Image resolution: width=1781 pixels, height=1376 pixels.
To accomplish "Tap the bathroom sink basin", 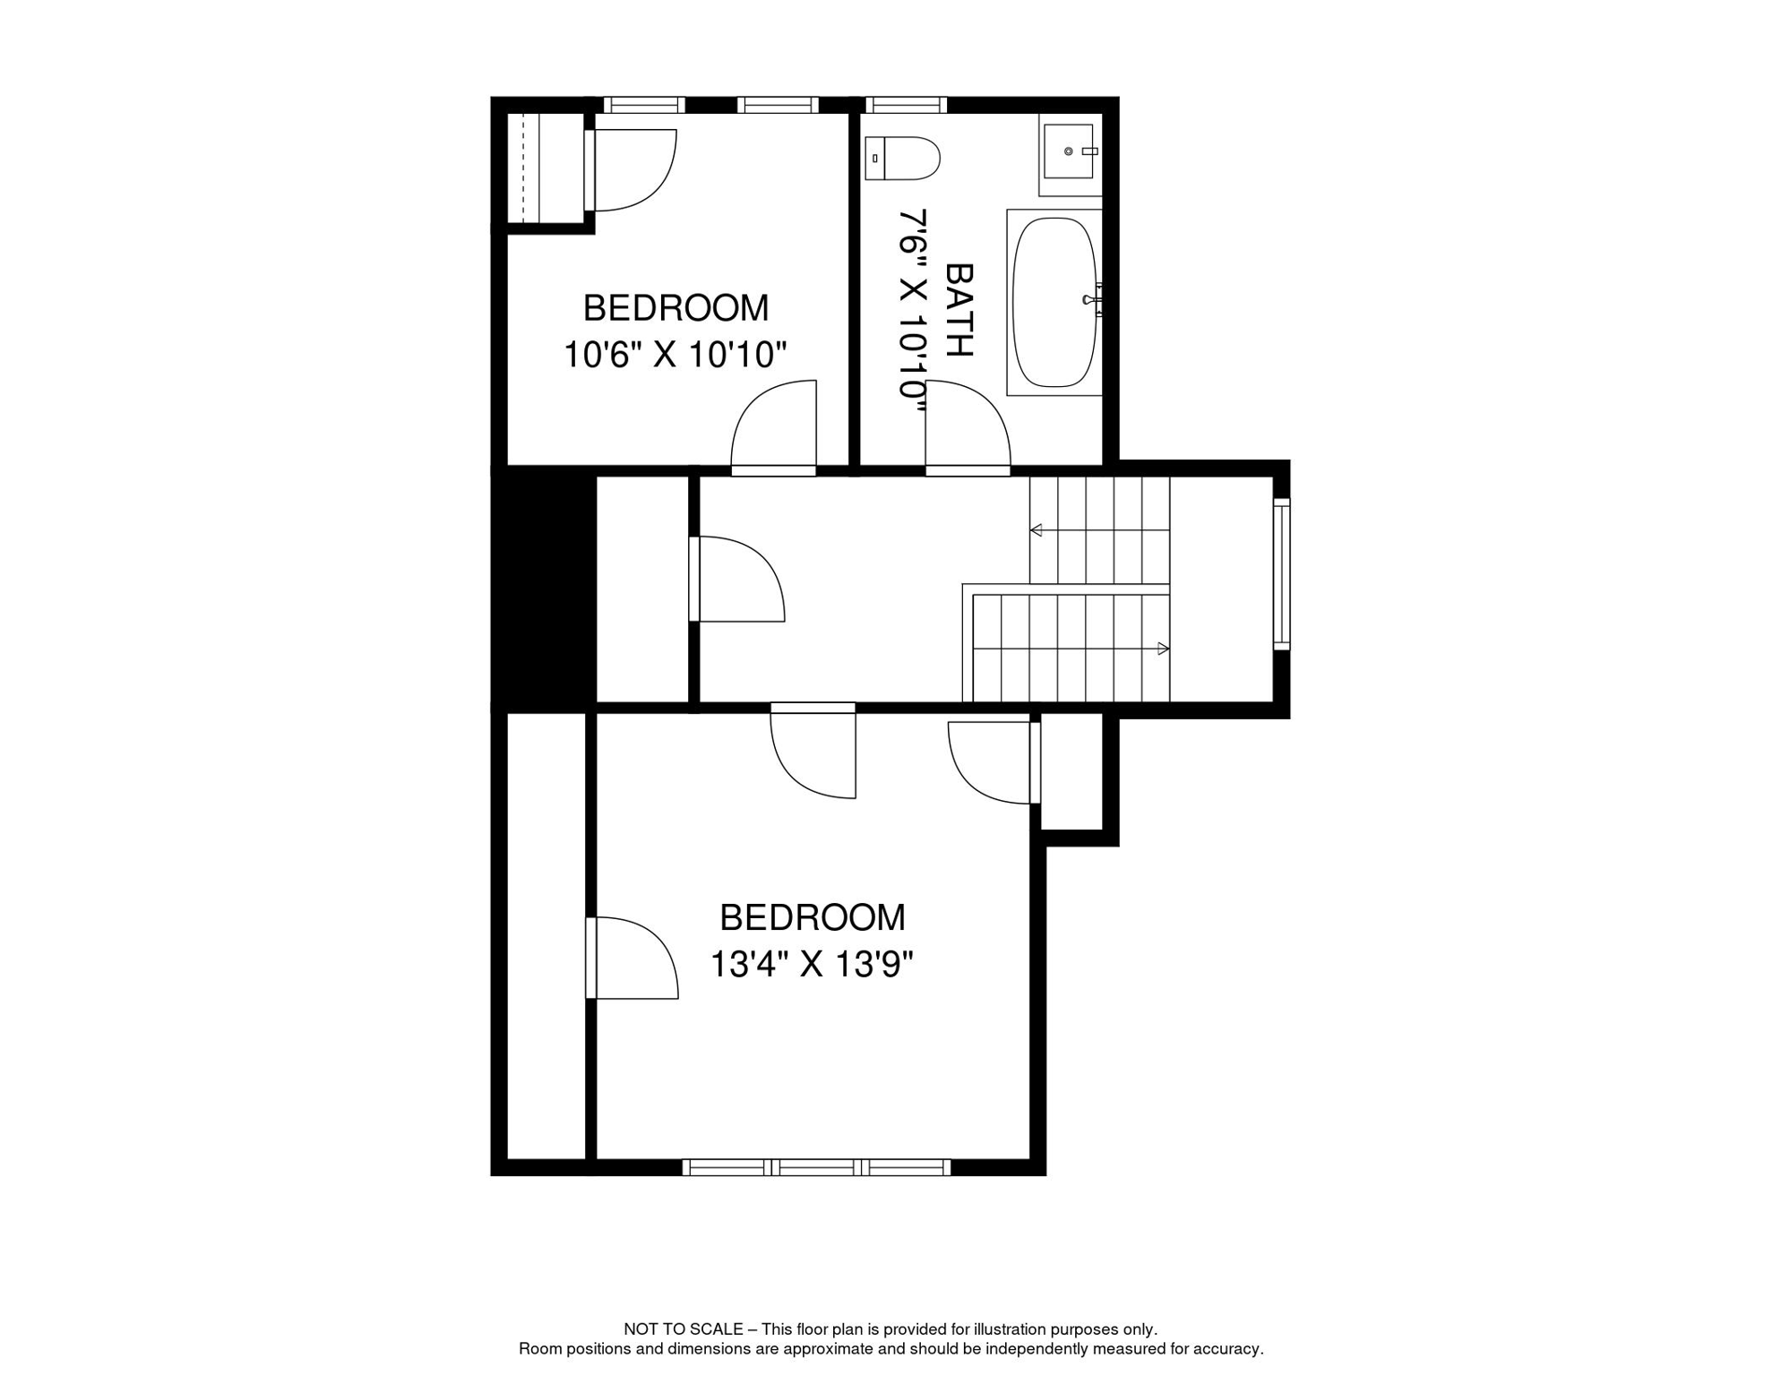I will point(1069,151).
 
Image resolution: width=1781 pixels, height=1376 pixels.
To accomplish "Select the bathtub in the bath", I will point(1054,303).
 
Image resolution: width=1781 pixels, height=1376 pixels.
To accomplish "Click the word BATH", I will point(959,310).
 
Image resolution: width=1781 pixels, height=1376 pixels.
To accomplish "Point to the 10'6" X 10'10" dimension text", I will point(675,355).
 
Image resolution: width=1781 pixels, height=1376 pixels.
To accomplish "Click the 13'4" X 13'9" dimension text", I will point(812,965).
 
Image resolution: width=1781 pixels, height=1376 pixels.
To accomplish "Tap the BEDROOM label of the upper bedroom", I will point(675,308).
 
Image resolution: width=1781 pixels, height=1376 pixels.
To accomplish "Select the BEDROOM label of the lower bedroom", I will point(813,917).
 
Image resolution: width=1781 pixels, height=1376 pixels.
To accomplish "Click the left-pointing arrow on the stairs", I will point(1037,530).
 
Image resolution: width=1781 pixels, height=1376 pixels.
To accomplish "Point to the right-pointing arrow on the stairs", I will point(1163,649).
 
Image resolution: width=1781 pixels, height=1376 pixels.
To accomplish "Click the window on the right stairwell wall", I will point(1282,573).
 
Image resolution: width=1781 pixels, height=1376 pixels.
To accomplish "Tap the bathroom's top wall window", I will point(906,105).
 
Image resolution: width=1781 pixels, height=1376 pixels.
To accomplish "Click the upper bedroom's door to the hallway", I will point(774,426).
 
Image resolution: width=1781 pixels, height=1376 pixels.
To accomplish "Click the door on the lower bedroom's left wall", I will point(632,958).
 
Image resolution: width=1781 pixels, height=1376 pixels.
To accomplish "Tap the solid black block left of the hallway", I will point(544,589).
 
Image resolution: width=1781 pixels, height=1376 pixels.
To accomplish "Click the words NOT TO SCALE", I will point(683,1329).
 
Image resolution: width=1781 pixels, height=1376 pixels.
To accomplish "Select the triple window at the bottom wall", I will point(816,1167).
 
